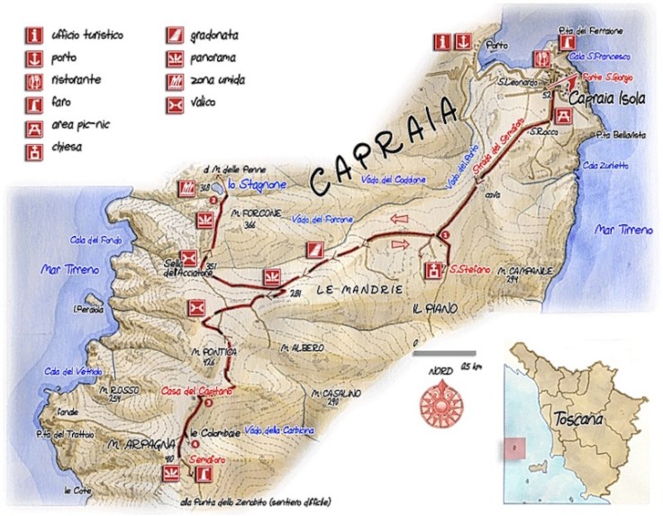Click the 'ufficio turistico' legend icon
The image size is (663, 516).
pyautogui.click(x=35, y=37)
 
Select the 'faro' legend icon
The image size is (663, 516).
pyautogui.click(x=35, y=101)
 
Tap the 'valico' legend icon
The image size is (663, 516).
pyautogui.click(x=175, y=102)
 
